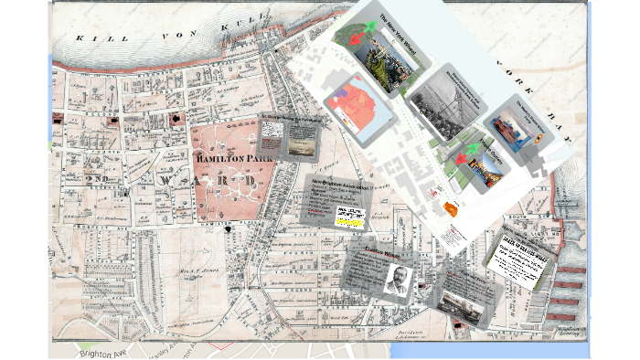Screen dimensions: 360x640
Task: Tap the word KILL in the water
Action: coord(91,38)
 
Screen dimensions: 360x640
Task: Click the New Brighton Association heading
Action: coord(339,186)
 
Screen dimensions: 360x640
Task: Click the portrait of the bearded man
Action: coord(397,281)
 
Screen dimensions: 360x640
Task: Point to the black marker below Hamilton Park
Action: coord(227,230)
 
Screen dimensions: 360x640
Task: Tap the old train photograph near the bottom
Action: coord(460,305)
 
